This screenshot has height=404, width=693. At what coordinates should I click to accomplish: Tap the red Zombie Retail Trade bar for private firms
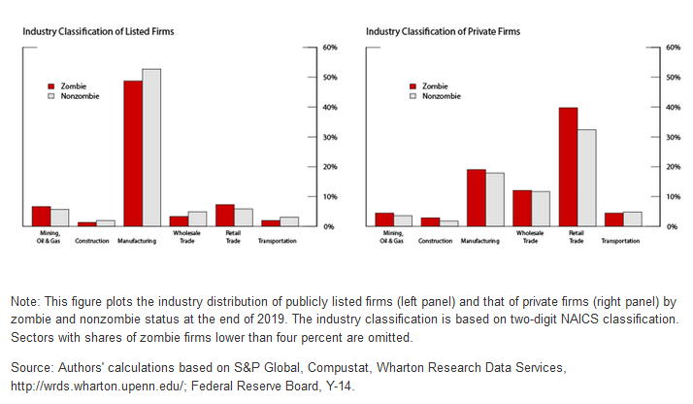[x=568, y=167]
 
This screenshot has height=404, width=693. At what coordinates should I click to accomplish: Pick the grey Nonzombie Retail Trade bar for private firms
[x=586, y=178]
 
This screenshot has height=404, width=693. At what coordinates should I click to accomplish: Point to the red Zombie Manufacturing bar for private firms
[x=476, y=198]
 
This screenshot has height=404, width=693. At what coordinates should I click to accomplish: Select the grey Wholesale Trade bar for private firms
[x=540, y=209]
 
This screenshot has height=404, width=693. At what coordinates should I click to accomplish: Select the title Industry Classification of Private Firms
[x=443, y=32]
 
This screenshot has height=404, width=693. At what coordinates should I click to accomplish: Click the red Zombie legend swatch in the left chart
[x=54, y=86]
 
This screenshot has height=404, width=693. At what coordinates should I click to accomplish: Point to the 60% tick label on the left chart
[x=330, y=48]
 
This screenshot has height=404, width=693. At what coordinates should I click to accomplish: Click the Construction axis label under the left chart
[x=93, y=240]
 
